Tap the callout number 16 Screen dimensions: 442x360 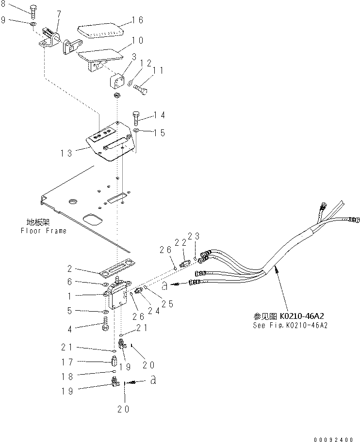pos(138,20)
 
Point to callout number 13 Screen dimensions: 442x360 pos(66,153)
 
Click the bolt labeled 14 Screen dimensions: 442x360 pos(136,118)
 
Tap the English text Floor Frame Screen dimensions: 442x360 pos(43,231)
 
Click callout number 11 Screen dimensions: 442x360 pos(158,71)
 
